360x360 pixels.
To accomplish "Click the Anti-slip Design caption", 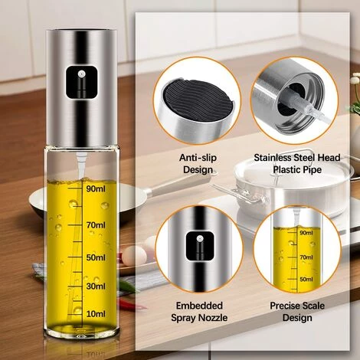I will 198,164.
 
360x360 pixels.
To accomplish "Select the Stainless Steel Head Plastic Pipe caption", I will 295,164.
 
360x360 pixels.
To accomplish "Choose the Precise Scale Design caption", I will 295,312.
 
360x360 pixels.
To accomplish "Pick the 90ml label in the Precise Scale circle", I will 306,233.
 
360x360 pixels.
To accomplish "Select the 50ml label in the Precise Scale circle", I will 306,280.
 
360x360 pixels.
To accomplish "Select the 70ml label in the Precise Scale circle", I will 306,258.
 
